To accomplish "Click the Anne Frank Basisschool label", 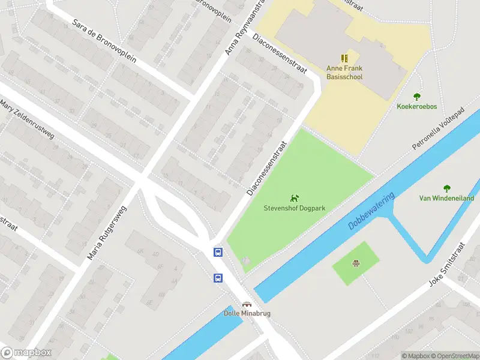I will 344,73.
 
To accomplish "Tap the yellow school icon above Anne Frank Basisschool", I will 344,58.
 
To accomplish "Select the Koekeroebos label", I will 416,107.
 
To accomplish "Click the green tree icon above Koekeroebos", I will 416,97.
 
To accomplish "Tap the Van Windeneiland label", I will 446,198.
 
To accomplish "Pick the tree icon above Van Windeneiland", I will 446,188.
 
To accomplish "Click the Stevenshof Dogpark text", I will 295,208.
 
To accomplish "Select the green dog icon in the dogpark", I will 294,198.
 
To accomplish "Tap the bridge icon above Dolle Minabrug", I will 246,304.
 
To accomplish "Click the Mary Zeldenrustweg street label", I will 28,119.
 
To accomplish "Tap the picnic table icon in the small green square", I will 356,263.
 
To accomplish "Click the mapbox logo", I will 26,353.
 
